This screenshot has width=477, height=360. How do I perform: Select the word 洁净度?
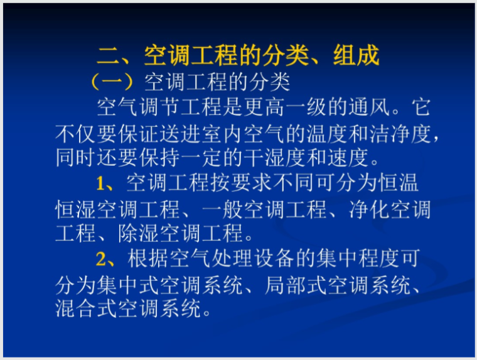point(393,134)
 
